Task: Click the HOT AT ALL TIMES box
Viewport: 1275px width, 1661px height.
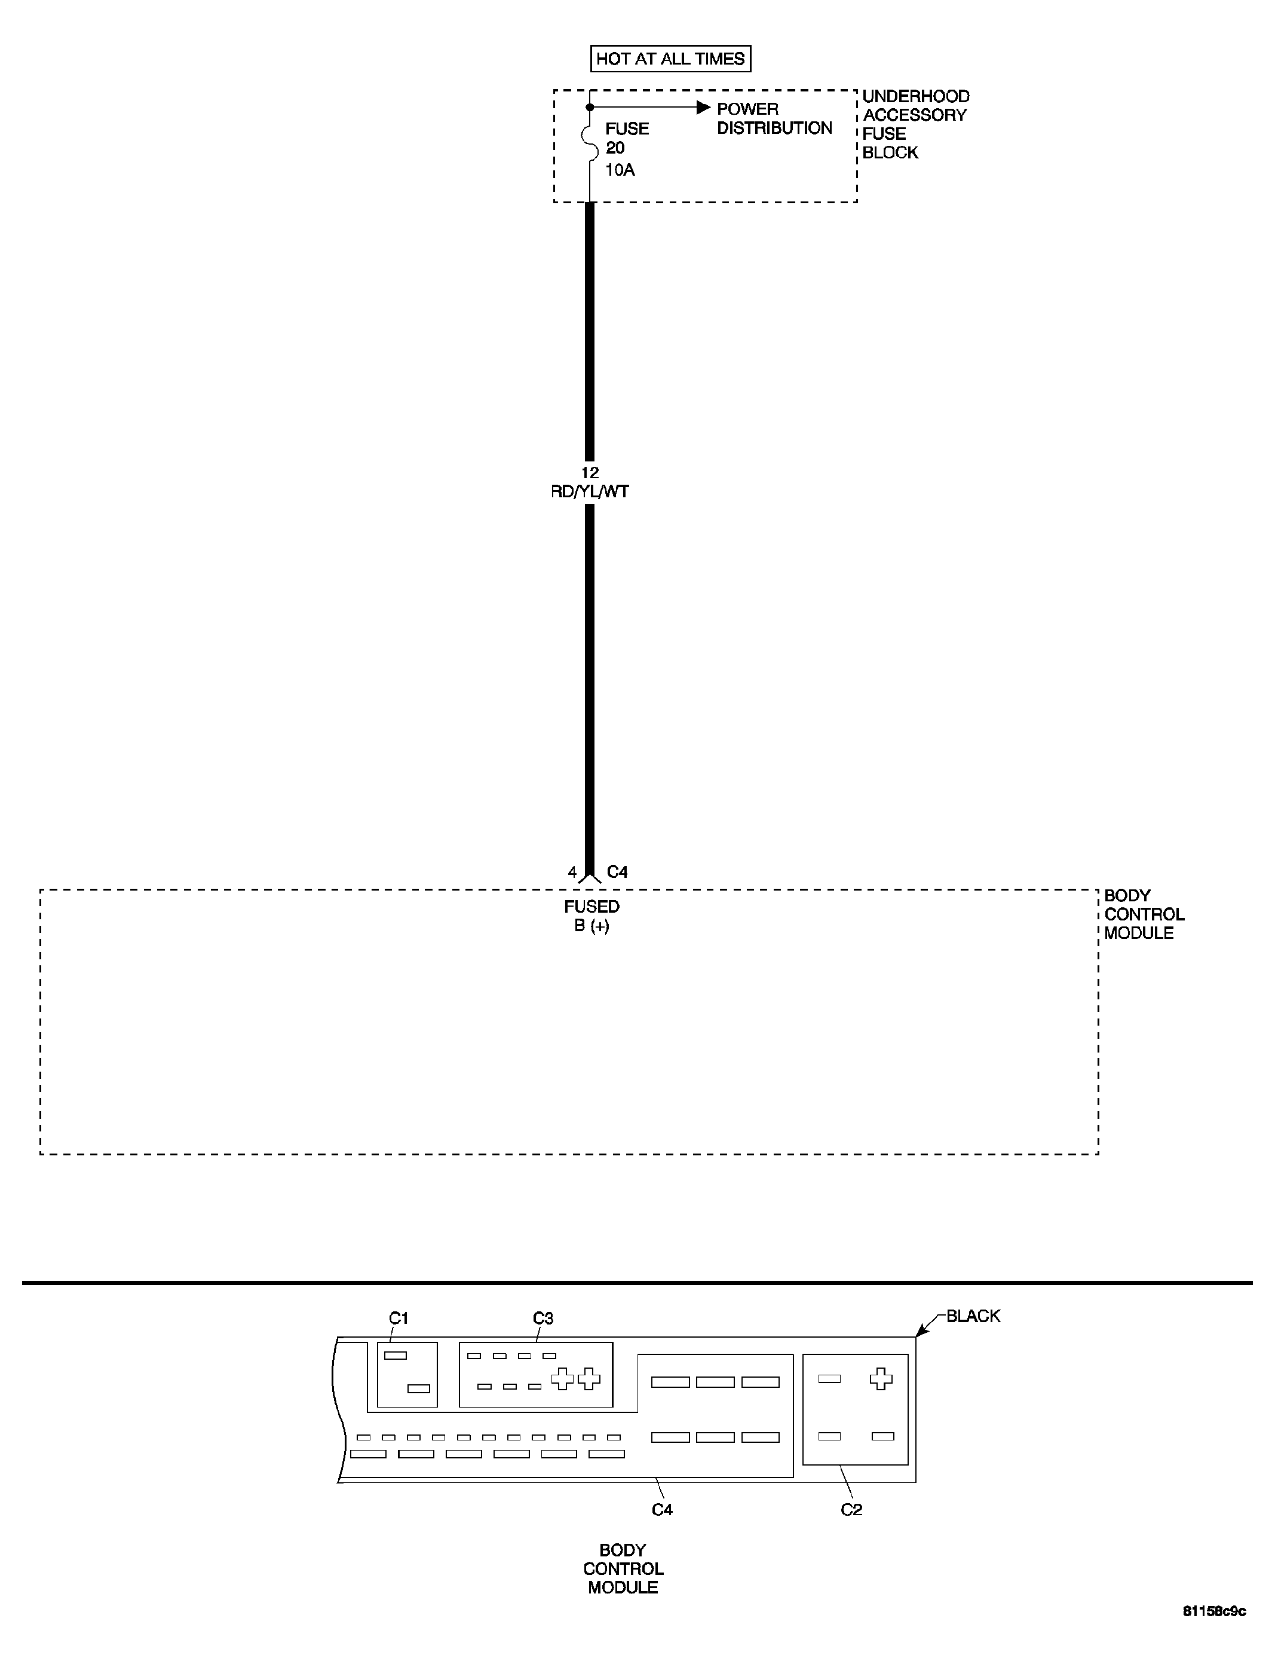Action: (670, 59)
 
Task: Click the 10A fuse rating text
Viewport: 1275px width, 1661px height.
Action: (620, 170)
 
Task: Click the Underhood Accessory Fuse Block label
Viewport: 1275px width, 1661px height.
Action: (915, 124)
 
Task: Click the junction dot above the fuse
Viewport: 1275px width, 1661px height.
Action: (590, 108)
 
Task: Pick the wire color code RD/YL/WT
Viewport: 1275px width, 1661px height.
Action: (590, 492)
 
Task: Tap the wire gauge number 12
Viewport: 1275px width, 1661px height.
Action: (590, 472)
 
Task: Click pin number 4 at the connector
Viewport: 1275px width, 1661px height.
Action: (572, 872)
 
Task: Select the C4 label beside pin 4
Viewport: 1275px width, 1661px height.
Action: (617, 872)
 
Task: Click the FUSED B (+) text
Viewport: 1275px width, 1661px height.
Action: (591, 916)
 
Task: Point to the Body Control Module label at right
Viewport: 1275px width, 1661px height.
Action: (1143, 914)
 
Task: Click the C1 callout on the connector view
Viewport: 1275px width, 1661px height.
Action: (399, 1318)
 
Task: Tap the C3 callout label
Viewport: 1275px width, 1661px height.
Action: (543, 1318)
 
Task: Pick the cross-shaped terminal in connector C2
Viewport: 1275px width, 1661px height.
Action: (881, 1379)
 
